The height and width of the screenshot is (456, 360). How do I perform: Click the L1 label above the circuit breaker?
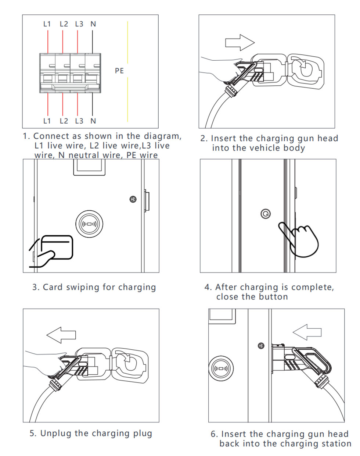[47, 24]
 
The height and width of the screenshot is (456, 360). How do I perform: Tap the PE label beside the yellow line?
[119, 71]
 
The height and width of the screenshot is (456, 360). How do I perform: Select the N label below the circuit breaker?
[93, 121]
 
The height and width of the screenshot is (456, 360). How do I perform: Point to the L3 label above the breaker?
[79, 24]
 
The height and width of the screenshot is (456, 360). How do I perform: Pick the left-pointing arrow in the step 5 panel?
[61, 335]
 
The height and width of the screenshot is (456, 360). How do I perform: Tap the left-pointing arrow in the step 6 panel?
[307, 332]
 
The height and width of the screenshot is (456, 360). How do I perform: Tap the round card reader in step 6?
[221, 368]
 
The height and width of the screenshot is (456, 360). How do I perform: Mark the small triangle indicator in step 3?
[133, 199]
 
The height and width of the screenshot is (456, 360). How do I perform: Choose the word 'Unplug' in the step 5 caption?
[56, 433]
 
